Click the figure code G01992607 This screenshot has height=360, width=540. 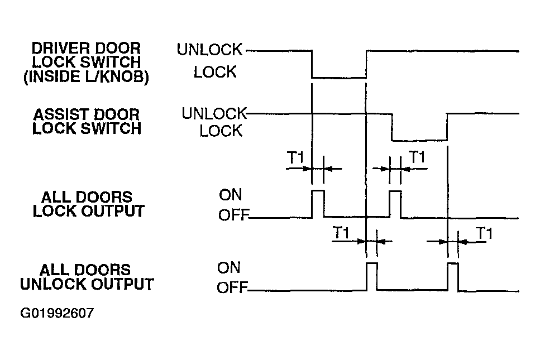pyautogui.click(x=57, y=313)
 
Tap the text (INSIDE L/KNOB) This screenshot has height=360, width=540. pyautogui.click(x=86, y=77)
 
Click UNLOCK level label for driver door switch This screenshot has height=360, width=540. pyautogui.click(x=210, y=50)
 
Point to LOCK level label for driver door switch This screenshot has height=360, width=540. pyautogui.click(x=215, y=72)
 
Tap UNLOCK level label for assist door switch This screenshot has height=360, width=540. pyautogui.click(x=214, y=113)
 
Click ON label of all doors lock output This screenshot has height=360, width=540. pyautogui.click(x=231, y=195)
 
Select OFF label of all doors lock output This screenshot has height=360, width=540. pyautogui.click(x=233, y=215)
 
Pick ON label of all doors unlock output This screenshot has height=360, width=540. pyautogui.click(x=228, y=268)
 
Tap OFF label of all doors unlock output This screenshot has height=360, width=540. pyautogui.click(x=232, y=288)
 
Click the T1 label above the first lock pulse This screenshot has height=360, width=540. pyautogui.click(x=295, y=157)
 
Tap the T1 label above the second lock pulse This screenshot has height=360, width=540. pyautogui.click(x=417, y=157)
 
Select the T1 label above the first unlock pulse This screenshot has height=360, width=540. pyautogui.click(x=341, y=233)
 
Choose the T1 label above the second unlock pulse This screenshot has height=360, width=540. pyautogui.click(x=484, y=233)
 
